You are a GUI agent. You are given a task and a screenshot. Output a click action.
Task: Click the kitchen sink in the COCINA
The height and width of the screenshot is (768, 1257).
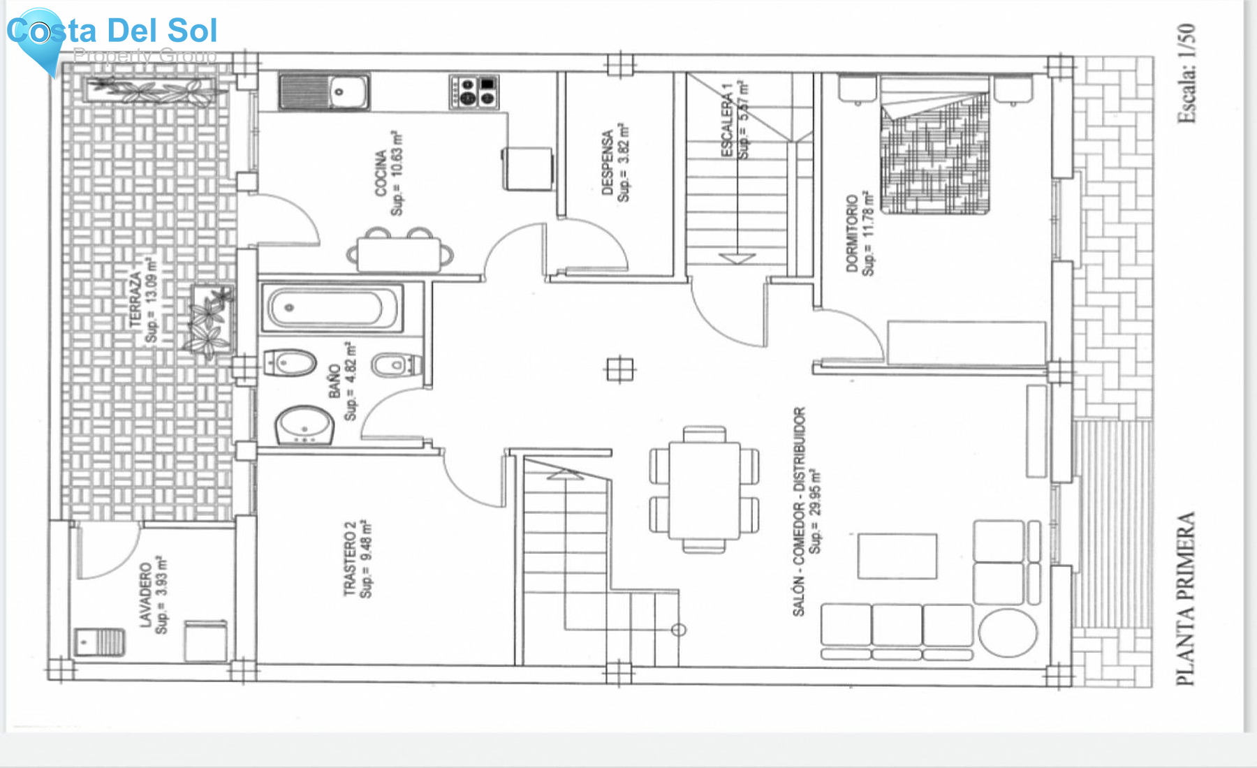coord(325,91)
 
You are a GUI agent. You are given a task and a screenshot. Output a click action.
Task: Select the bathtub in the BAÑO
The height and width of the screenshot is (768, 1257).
coord(332,308)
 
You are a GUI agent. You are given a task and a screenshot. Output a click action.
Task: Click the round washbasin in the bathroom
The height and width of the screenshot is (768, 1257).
coord(304,424)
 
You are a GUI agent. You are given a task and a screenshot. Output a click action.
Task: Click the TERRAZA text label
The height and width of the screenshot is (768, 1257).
coord(135,300)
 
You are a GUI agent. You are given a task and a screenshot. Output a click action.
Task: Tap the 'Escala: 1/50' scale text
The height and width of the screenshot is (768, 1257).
coord(1186,73)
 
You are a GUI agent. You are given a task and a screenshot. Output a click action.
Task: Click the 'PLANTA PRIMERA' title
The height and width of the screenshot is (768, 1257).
coord(1186,598)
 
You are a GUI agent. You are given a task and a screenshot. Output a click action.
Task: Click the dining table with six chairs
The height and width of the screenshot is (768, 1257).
coord(704,489)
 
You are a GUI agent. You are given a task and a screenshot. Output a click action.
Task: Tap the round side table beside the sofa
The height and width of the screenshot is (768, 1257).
coord(1007,633)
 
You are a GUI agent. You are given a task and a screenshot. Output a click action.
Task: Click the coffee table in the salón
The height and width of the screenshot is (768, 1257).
coord(897,556)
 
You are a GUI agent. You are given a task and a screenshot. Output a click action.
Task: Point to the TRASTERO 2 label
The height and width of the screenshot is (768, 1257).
coord(349,559)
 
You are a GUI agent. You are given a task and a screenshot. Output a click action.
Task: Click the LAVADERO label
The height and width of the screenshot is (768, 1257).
coord(145,595)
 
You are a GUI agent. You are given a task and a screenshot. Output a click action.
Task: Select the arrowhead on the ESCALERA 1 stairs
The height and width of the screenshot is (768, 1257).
coord(737,258)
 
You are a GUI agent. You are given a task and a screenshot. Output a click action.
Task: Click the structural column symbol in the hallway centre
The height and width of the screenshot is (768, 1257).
coord(619,369)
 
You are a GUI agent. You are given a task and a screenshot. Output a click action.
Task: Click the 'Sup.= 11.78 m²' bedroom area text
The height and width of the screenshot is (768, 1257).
coord(867,233)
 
